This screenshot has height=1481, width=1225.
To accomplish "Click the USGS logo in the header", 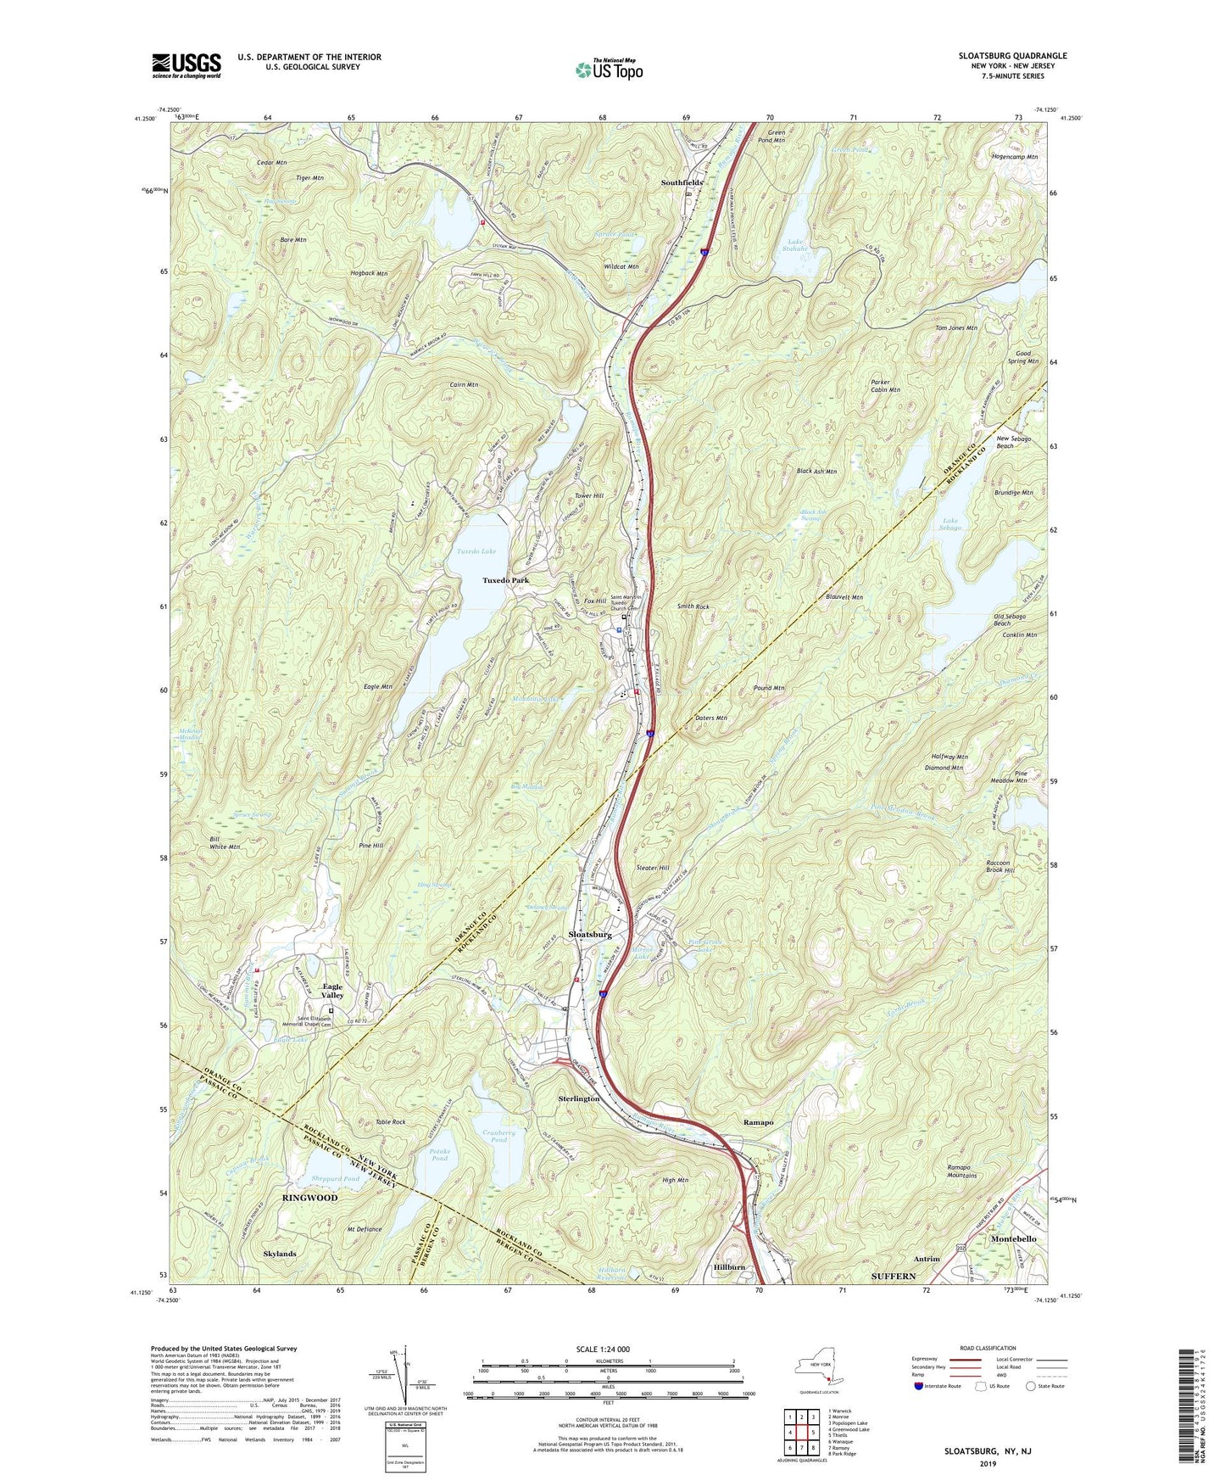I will click(x=186, y=64).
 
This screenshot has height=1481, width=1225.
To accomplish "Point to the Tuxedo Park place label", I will click(x=505, y=580).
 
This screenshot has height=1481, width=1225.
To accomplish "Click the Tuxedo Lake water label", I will click(x=476, y=551).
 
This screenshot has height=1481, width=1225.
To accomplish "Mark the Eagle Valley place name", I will click(x=332, y=991).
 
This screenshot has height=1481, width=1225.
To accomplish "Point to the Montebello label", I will click(x=1012, y=1239).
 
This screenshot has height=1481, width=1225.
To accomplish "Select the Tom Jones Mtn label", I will click(x=955, y=328).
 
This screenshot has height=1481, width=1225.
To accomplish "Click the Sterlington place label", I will click(x=579, y=1098).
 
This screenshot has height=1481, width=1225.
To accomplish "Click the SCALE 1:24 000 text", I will click(x=603, y=1350).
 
